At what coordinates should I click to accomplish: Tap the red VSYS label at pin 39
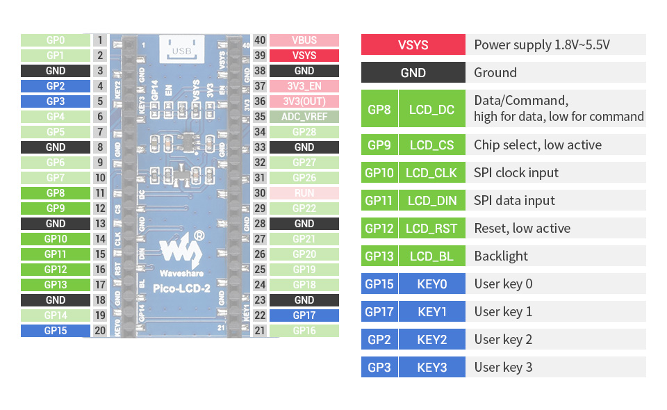[x=304, y=56]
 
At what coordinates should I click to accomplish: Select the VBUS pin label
[x=304, y=40]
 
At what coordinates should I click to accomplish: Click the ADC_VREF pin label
[x=304, y=117]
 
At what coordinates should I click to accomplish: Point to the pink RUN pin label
[x=304, y=193]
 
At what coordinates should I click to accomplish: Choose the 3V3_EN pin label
[x=304, y=86]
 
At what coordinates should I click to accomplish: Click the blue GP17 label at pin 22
[x=304, y=315]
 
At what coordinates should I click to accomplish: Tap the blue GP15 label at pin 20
[x=56, y=331]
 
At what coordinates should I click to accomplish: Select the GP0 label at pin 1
[x=56, y=40]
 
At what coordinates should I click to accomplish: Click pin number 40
[x=260, y=40]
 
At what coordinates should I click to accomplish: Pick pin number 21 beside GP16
[x=260, y=331]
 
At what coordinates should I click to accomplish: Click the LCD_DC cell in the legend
[x=431, y=110]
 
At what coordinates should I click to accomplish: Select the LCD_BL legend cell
[x=431, y=256]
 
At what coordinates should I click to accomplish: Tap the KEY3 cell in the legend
[x=431, y=367]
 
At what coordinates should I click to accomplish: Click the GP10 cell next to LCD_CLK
[x=379, y=172]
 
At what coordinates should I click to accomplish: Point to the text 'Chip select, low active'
[x=538, y=145]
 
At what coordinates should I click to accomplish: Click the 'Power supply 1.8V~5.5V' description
[x=542, y=44]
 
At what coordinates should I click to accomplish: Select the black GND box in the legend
[x=413, y=72]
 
